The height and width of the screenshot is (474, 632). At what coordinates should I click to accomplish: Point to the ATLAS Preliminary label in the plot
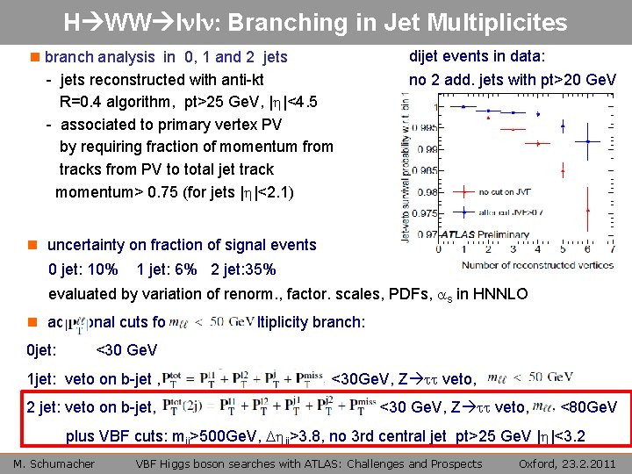[x=485, y=235]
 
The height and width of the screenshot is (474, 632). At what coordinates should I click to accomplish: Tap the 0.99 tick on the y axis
[x=425, y=148]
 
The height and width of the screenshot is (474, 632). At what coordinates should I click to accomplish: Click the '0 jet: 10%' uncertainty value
[x=83, y=269]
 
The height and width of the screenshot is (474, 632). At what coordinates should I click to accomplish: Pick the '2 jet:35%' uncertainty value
[x=243, y=269]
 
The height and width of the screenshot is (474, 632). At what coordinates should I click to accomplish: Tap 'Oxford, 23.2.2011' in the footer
[x=569, y=463]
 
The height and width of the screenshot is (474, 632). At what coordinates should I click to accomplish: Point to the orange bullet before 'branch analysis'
[x=35, y=57]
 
